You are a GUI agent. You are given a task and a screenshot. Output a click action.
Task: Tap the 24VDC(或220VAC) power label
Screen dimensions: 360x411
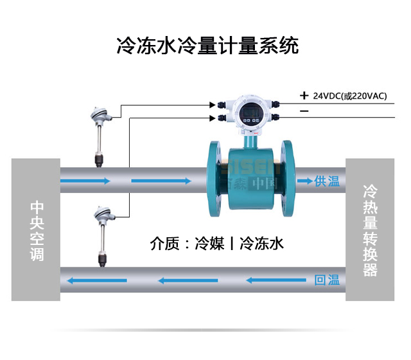click(x=350, y=96)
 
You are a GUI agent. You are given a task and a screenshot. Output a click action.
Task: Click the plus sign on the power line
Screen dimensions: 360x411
click(x=304, y=96)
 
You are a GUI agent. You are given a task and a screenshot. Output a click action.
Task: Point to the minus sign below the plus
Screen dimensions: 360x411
click(x=304, y=112)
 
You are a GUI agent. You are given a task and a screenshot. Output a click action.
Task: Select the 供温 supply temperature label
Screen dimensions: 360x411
click(x=326, y=181)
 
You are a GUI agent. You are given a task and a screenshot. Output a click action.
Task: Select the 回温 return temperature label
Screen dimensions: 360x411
click(x=326, y=280)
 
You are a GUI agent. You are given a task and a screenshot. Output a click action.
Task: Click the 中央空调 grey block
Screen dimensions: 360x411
click(x=37, y=230)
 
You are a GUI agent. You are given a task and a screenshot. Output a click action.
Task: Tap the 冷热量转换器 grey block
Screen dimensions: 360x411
click(x=370, y=230)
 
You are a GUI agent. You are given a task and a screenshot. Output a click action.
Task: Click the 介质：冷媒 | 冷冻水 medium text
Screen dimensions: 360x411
click(x=216, y=244)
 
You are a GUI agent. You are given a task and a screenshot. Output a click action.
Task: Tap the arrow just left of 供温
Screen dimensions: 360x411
click(x=302, y=181)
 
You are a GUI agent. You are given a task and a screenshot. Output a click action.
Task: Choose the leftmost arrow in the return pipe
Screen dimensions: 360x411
click(x=91, y=280)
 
